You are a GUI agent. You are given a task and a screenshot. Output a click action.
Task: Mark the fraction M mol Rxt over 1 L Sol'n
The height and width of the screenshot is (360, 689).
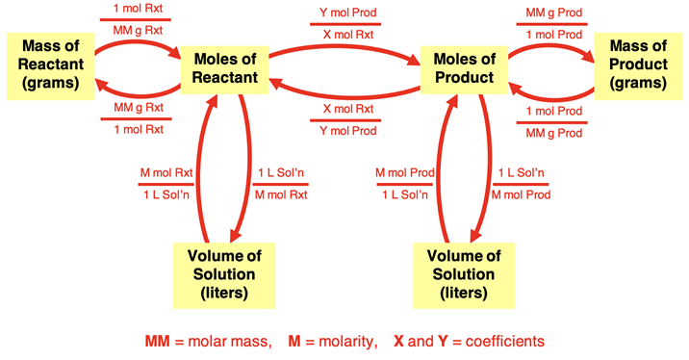point(166,184)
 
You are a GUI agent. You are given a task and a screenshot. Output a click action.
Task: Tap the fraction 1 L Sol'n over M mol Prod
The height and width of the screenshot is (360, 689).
point(523,184)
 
